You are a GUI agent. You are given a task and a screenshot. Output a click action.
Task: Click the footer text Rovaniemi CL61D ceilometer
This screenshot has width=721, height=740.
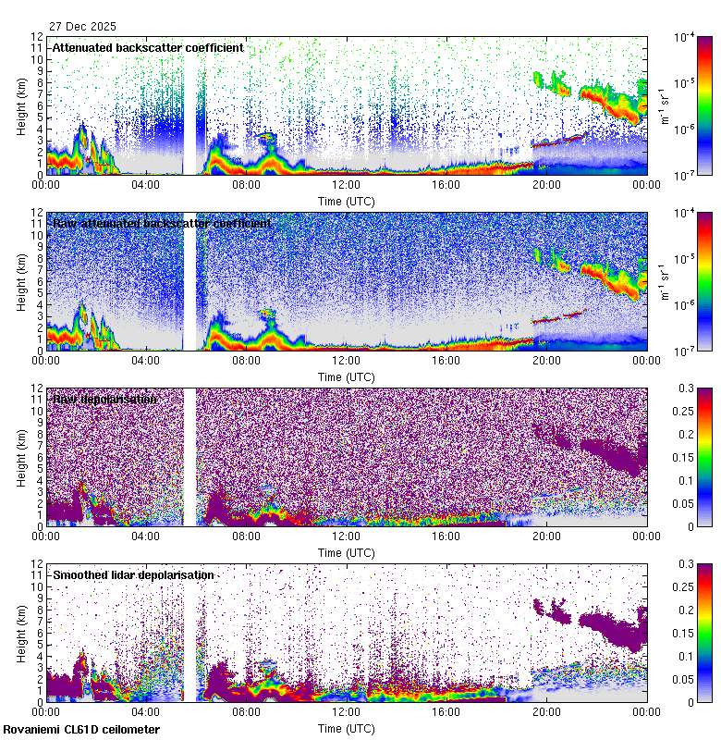pos(80,730)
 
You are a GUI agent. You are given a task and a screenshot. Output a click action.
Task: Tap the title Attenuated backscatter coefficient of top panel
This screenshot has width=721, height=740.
pos(148,47)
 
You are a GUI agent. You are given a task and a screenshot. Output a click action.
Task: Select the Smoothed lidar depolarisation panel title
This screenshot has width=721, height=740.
pos(133,574)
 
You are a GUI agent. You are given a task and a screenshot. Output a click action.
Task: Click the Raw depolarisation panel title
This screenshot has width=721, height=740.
pos(104,399)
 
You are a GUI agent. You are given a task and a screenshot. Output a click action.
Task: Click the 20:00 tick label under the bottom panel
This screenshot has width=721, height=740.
pos(545,712)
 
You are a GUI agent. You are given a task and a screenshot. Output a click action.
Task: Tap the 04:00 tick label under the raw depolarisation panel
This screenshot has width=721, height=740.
pos(146,536)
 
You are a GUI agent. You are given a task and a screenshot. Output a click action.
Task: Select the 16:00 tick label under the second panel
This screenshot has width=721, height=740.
pos(446,361)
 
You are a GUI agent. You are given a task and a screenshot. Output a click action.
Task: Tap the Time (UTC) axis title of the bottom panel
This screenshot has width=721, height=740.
pos(346,728)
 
